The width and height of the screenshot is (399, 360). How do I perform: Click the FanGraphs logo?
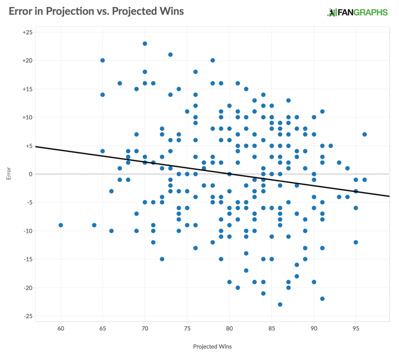357,12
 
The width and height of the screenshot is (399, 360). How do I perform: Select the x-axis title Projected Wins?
212,346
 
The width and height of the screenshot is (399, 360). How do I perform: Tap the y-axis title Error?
9,174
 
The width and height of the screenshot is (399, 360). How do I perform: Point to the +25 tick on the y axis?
28,32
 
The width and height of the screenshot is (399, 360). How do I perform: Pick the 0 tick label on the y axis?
30,174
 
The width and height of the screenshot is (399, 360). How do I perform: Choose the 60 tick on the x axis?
61,328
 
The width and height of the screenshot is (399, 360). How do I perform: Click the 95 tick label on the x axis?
356,328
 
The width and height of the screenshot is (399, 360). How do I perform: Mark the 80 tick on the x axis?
230,328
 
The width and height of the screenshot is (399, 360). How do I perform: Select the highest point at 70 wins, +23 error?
145,43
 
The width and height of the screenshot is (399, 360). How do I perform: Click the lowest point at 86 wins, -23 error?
280,304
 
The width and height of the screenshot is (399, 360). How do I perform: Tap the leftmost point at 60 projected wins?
61,225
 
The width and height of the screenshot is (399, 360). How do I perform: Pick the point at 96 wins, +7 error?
364,134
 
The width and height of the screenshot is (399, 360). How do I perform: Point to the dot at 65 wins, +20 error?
103,60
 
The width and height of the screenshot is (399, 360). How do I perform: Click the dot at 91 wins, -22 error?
322,299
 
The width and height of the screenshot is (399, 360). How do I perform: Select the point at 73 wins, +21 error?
170,55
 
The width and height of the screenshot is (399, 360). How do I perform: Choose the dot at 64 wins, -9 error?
94,225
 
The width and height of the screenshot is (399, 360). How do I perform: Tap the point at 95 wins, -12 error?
356,242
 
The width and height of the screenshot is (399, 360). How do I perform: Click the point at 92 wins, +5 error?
330,145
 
